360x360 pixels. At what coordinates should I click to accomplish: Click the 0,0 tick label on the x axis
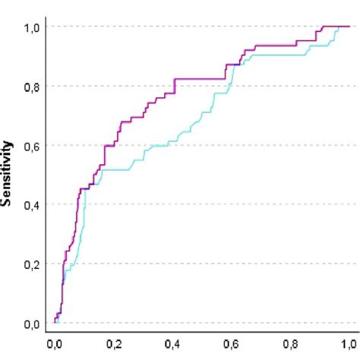pyautogui.click(x=55, y=344)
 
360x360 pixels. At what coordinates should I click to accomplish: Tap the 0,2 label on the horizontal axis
pyautogui.click(x=114, y=344)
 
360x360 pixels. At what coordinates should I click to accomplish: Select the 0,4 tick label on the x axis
pyautogui.click(x=173, y=344)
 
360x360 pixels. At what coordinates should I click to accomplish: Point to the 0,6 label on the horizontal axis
pyautogui.click(x=232, y=344)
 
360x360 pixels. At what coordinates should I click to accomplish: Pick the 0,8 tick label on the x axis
pyautogui.click(x=292, y=344)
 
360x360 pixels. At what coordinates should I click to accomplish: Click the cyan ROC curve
pyautogui.click(x=175, y=137)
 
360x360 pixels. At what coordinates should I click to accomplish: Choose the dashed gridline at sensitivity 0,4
pyautogui.click(x=228, y=204)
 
